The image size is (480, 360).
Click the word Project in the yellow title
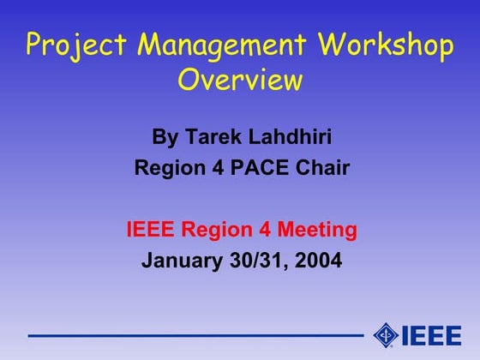tap(71, 45)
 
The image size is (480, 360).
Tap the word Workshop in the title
tap(384, 44)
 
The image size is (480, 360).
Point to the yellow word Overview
tap(240, 80)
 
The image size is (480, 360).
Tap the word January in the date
tap(179, 261)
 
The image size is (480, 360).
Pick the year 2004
tap(318, 261)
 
